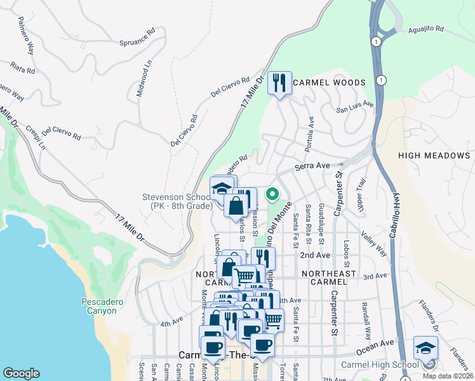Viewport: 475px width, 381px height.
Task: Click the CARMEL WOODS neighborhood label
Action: coord(330,83)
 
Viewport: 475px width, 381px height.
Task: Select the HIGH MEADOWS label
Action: coord(434,156)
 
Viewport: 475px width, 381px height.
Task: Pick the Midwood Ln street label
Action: coord(144,79)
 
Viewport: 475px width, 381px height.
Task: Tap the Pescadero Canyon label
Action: coord(99,306)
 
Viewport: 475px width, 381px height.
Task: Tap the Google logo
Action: coord(21,373)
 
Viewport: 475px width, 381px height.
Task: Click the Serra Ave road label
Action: coord(312,166)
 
